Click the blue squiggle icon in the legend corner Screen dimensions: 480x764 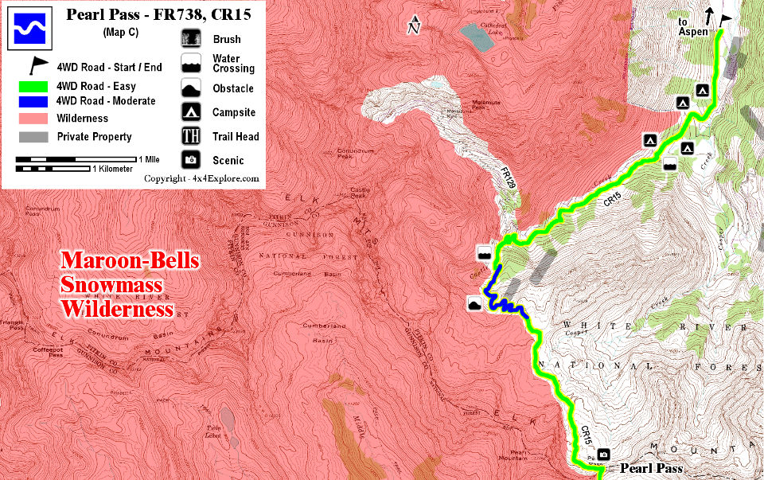click(x=29, y=26)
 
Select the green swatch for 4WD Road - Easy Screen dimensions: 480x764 click(x=32, y=86)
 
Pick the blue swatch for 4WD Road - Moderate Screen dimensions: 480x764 click(x=32, y=101)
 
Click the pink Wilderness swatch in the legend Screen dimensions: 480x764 click(x=32, y=118)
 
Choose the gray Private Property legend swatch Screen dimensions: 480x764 click(x=32, y=136)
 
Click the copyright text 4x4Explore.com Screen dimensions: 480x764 click(x=202, y=178)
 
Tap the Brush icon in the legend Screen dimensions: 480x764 click(x=191, y=39)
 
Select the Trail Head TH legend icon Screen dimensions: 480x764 click(x=191, y=136)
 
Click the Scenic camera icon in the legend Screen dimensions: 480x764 click(x=191, y=160)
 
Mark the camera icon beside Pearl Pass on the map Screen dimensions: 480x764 click(x=603, y=455)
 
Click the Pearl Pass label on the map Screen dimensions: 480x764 click(x=651, y=468)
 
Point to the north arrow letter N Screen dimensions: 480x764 click(x=412, y=29)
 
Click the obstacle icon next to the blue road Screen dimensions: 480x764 click(x=475, y=303)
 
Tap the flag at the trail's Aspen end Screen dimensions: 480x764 click(x=726, y=21)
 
